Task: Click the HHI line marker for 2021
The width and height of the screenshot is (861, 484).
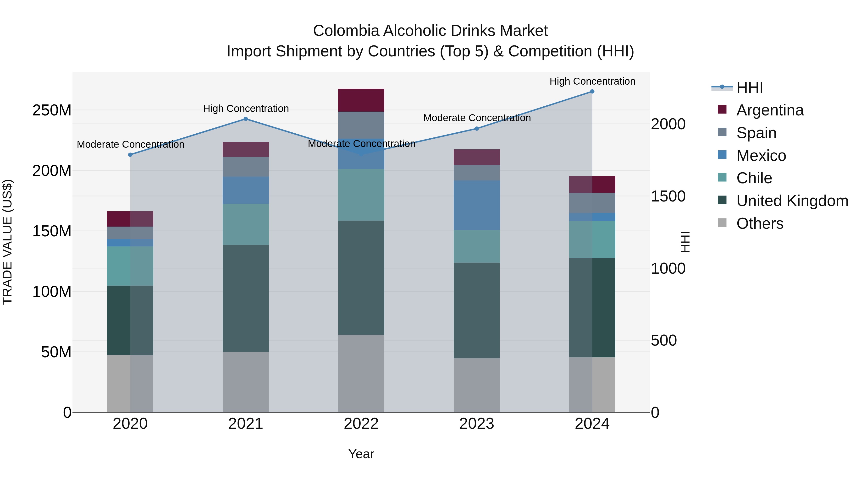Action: point(246,119)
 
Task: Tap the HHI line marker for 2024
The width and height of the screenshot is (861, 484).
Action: point(592,92)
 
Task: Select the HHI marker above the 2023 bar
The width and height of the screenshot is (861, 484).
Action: point(477,129)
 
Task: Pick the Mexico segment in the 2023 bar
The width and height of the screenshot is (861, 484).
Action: point(477,205)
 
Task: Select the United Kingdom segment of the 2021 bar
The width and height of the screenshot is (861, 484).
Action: point(246,298)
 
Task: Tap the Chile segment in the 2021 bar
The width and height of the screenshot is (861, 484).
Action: point(246,224)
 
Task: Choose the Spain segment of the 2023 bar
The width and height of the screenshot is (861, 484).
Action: point(477,173)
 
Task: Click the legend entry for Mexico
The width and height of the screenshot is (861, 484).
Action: point(761,156)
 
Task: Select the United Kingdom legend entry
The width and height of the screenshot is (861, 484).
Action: point(792,201)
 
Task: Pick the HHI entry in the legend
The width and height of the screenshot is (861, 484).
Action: point(749,87)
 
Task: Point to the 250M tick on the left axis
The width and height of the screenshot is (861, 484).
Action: point(52,110)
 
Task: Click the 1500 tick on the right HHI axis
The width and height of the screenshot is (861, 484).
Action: point(668,196)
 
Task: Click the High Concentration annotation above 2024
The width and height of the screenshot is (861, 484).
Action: point(592,81)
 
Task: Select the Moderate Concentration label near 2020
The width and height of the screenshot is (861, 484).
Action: point(130,144)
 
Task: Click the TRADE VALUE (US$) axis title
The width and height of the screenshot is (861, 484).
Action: point(7,242)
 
